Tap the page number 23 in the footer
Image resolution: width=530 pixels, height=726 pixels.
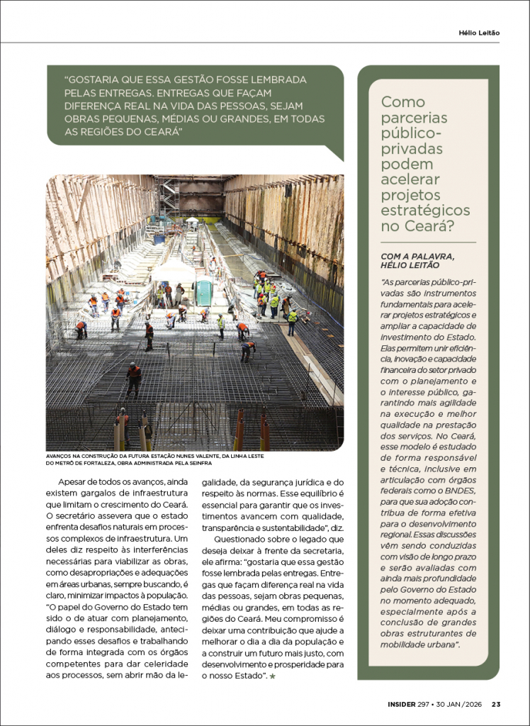tap(496, 704)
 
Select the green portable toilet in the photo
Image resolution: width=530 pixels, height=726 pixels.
tap(204, 292)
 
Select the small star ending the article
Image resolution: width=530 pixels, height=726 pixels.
tap(272, 678)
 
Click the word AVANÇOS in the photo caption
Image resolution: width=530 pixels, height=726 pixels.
tap(62, 456)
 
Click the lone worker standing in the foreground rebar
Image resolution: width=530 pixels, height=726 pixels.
tap(133, 379)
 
